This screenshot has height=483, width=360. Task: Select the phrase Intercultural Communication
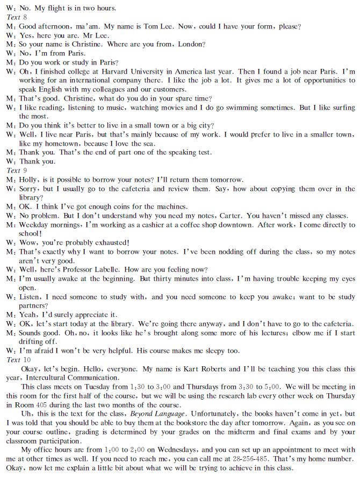(70, 378)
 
